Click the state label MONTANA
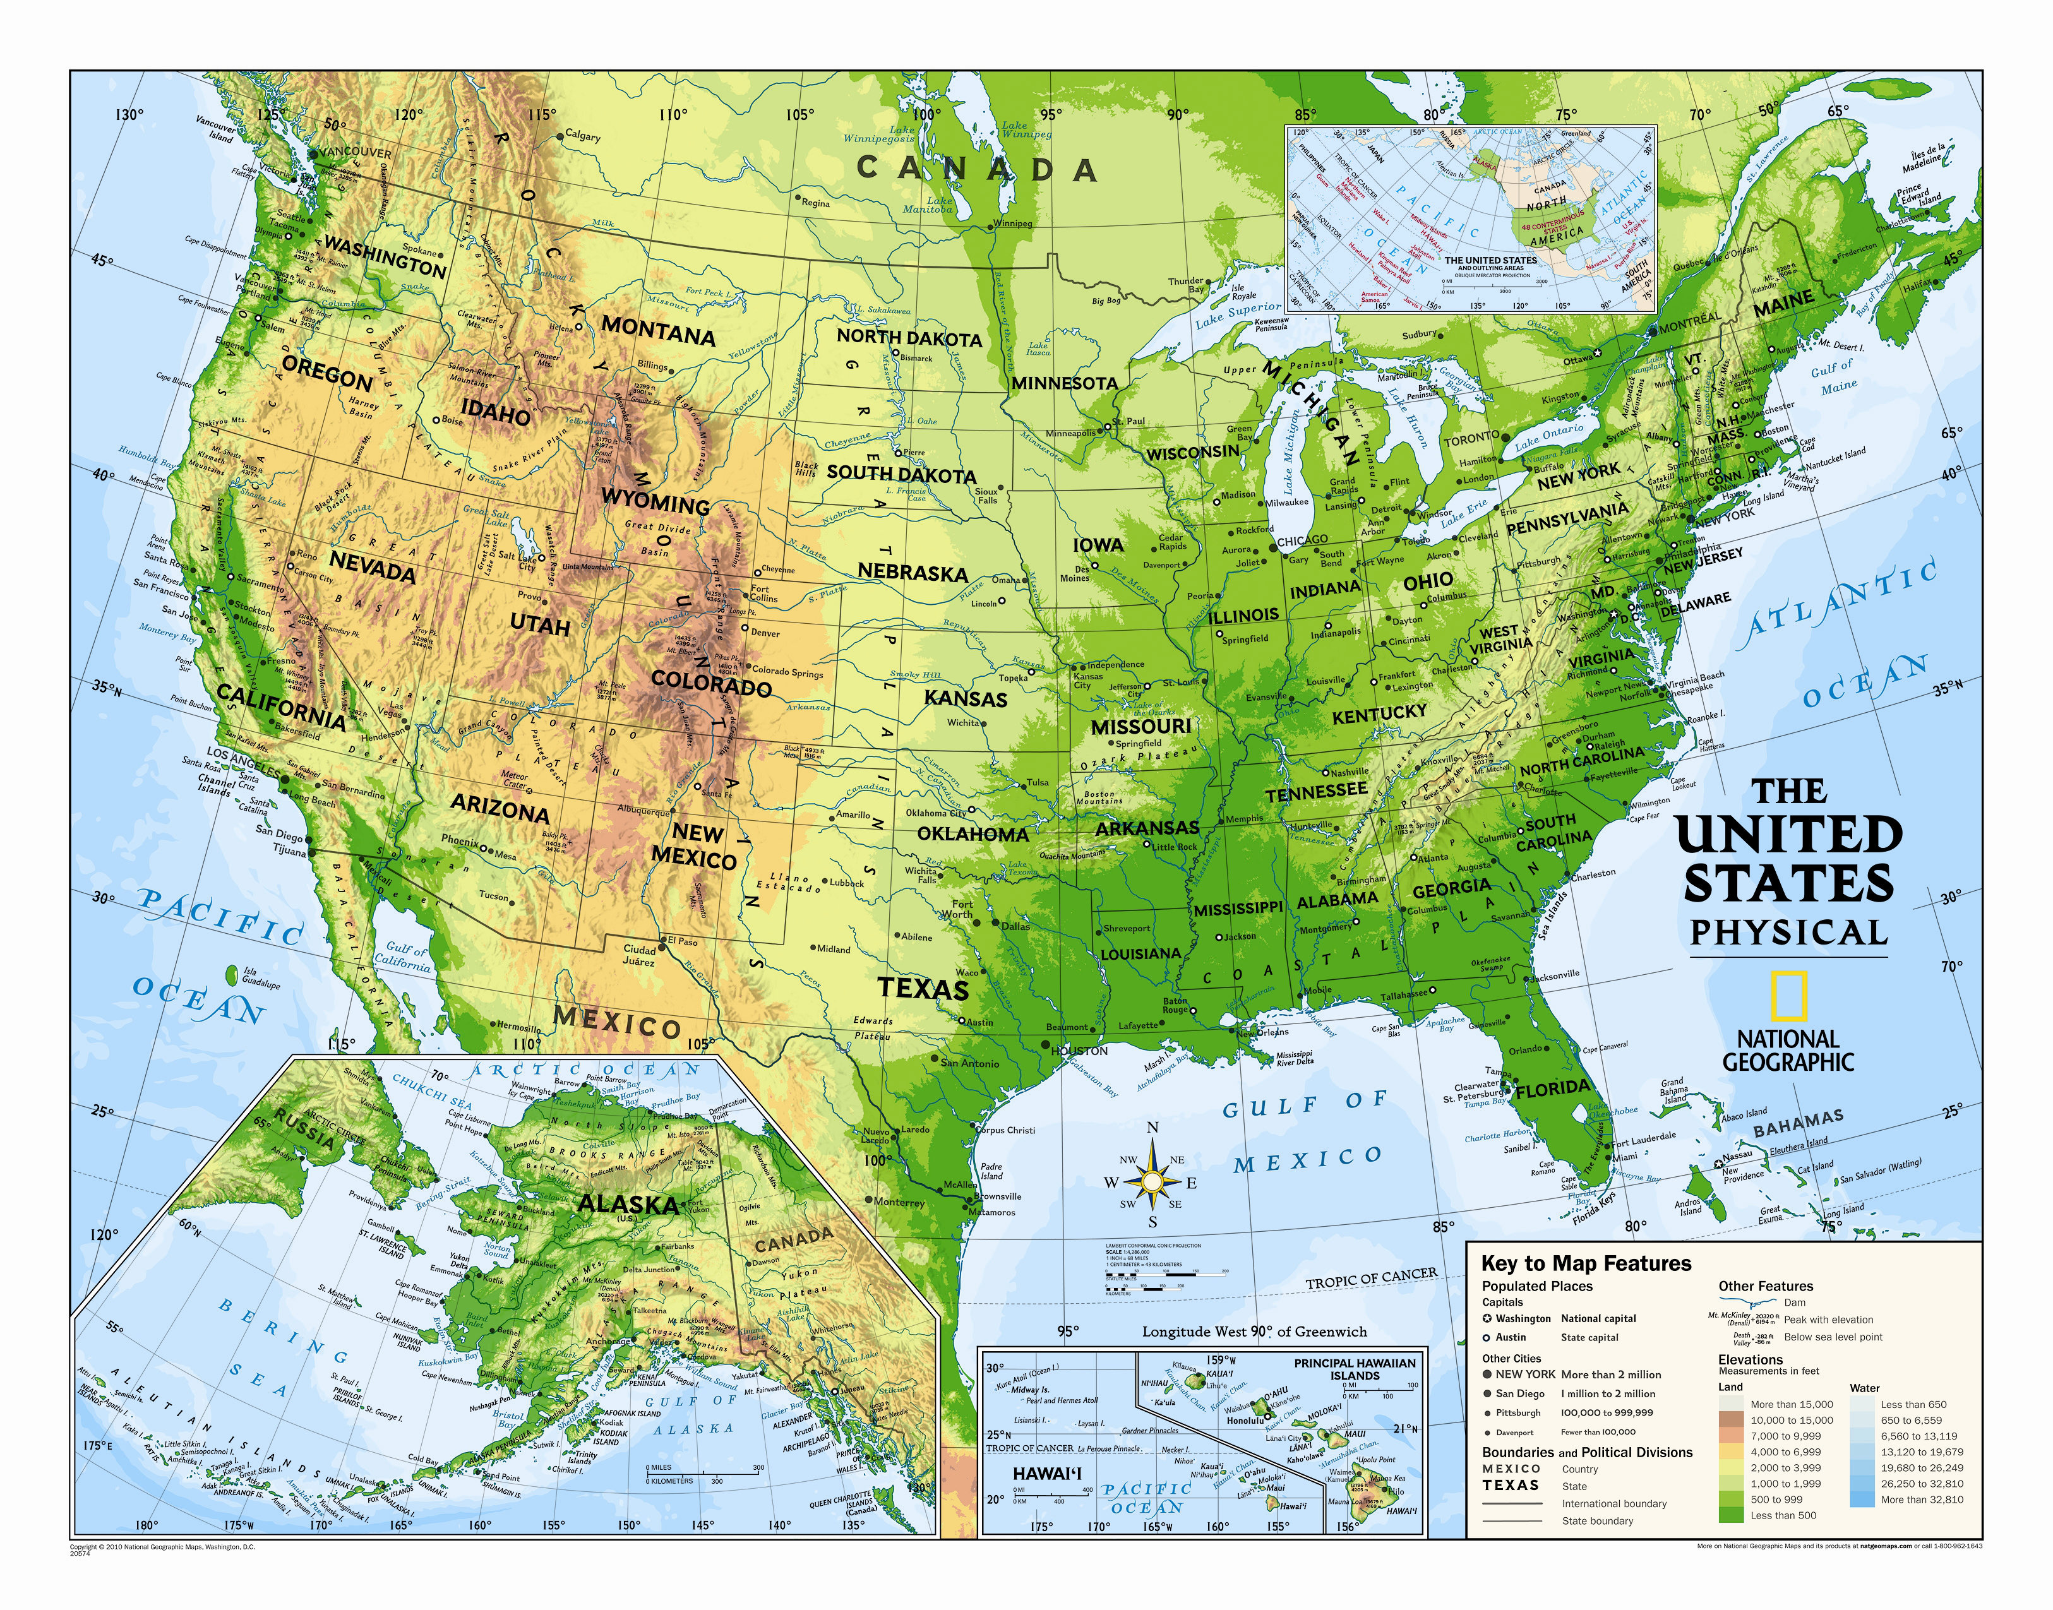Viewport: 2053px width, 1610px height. [x=658, y=332]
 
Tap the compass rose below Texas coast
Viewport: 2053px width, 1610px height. [x=1152, y=1180]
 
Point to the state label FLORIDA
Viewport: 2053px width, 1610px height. [x=1552, y=1090]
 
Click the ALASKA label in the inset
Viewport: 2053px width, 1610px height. [x=627, y=1205]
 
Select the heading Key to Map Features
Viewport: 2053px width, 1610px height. [x=1586, y=1264]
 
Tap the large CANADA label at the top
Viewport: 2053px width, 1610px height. [x=976, y=169]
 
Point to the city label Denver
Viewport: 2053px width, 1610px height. [x=765, y=633]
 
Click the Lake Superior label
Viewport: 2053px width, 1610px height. [x=1238, y=316]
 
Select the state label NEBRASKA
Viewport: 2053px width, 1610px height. [x=913, y=572]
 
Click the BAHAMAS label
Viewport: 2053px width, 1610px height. [x=1797, y=1123]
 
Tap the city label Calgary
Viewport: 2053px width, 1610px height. [x=582, y=136]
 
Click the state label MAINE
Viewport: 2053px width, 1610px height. [x=1783, y=304]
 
